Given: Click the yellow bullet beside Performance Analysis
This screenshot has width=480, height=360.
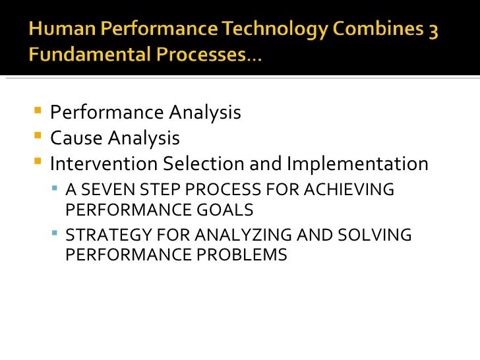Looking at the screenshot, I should point(38,112).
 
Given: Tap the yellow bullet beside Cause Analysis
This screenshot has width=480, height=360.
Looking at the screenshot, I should point(38,138).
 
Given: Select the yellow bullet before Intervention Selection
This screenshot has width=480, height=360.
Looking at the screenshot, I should point(38,163).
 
